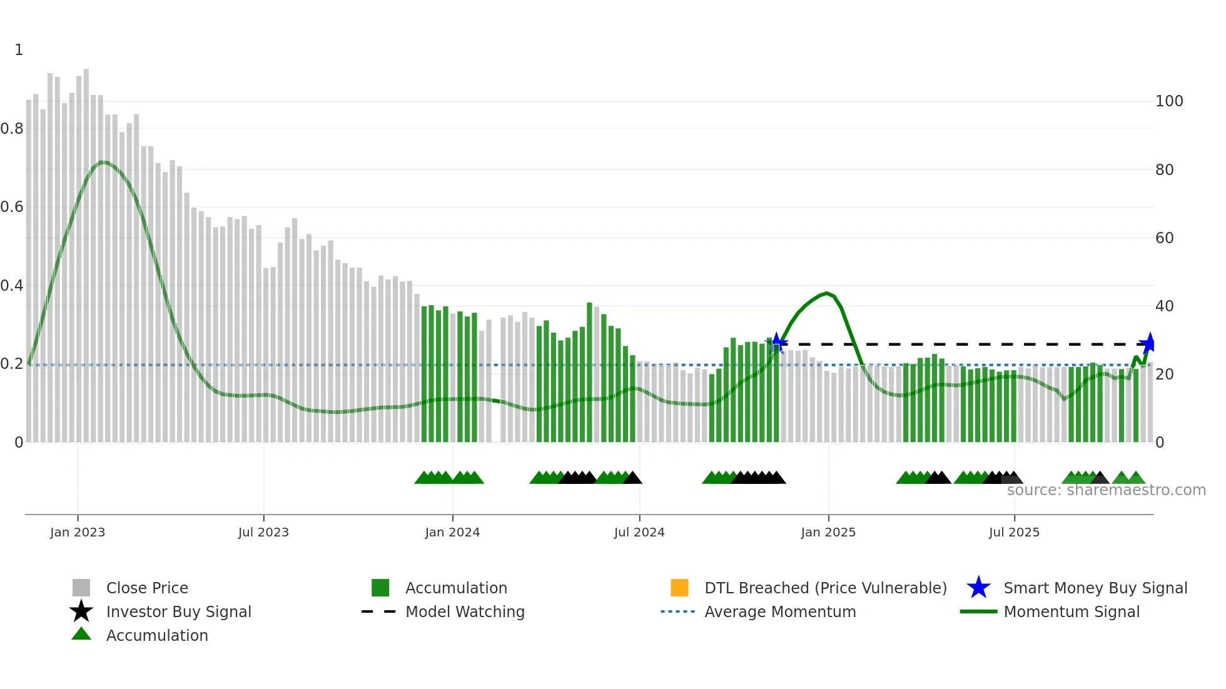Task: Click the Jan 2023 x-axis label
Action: click(x=78, y=532)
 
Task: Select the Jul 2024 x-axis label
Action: click(x=639, y=532)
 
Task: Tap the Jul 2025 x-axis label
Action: click(x=1014, y=532)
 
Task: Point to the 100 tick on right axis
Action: click(x=1169, y=101)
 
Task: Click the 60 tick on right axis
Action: click(x=1165, y=238)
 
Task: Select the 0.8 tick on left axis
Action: click(x=13, y=129)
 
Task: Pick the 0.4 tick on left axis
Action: click(x=13, y=286)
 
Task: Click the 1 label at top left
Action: click(x=19, y=50)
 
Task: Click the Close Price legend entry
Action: click(x=147, y=588)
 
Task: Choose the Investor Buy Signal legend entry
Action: click(x=178, y=611)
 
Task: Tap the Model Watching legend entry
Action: click(x=465, y=611)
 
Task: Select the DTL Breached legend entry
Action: click(x=825, y=588)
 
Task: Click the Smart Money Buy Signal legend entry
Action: click(x=1095, y=588)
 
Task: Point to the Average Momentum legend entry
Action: click(x=779, y=611)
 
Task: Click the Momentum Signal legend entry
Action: click(x=1071, y=611)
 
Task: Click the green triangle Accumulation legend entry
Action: click(x=156, y=635)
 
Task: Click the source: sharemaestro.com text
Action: click(x=1106, y=490)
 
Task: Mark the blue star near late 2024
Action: click(x=777, y=343)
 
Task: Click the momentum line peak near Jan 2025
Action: click(x=827, y=293)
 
